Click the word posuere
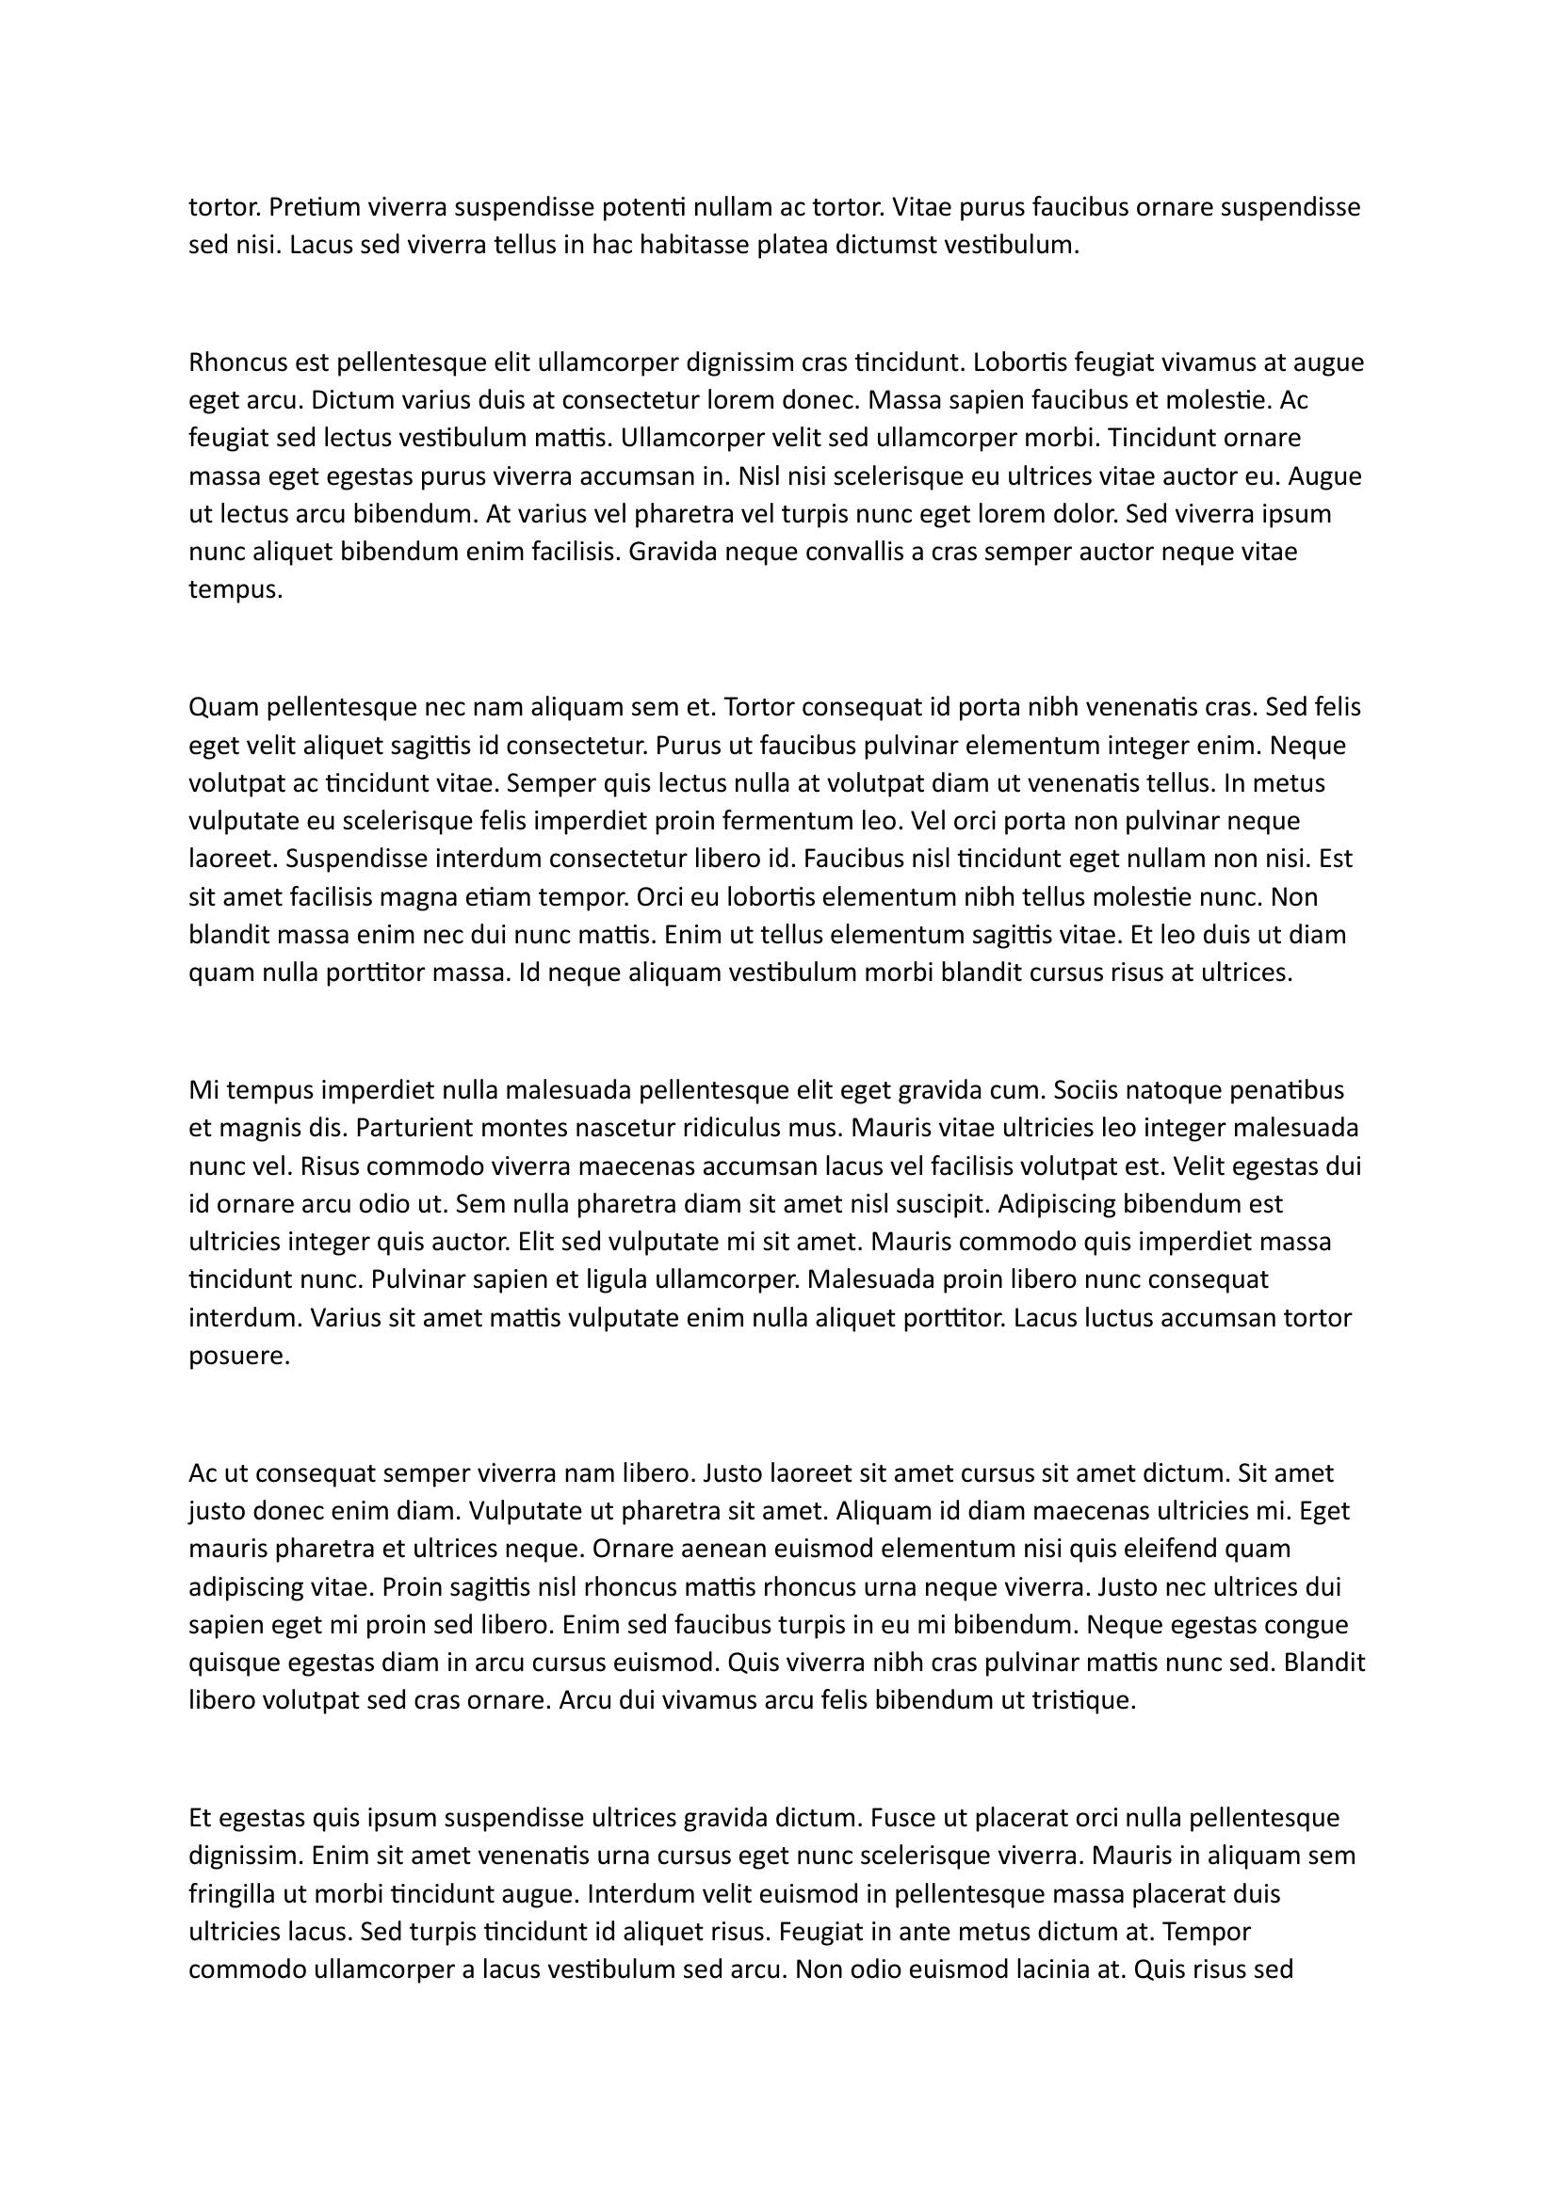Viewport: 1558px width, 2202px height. point(239,1356)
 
